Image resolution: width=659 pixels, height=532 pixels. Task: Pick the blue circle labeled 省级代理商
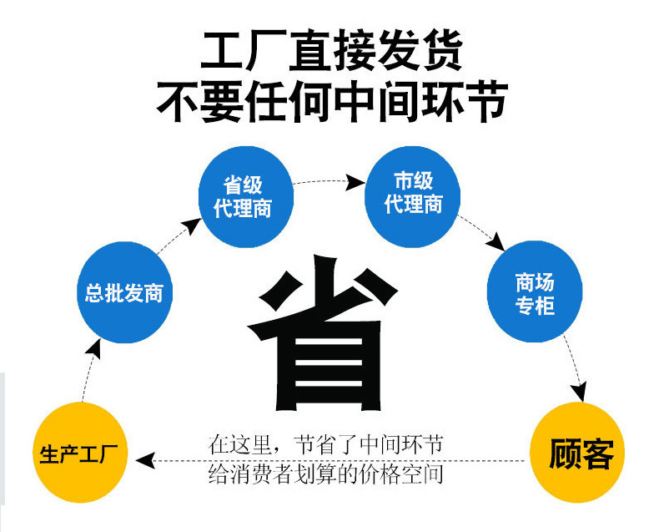click(243, 197)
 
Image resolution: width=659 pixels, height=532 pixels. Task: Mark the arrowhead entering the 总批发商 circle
click(97, 347)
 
